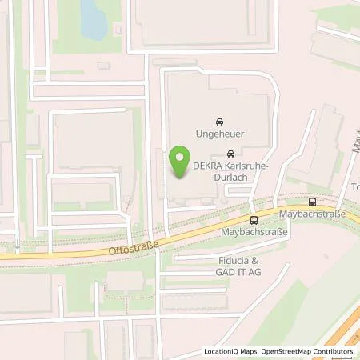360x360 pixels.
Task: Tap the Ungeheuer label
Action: pyautogui.click(x=220, y=134)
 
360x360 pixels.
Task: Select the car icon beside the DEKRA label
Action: pyautogui.click(x=230, y=154)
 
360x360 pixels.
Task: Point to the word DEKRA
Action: pyautogui.click(x=207, y=166)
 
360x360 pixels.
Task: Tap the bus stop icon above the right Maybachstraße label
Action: pyautogui.click(x=311, y=202)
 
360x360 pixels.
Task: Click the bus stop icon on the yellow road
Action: pyautogui.click(x=253, y=219)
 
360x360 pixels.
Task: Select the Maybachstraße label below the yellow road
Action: pyautogui.click(x=254, y=232)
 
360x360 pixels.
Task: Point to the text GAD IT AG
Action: pyautogui.click(x=238, y=272)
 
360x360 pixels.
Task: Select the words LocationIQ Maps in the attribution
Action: pyautogui.click(x=231, y=351)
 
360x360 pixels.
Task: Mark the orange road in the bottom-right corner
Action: pyautogui.click(x=340, y=328)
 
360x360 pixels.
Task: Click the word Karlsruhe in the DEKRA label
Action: pyautogui.click(x=246, y=166)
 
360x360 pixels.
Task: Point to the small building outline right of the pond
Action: pyautogui.click(x=119, y=30)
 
